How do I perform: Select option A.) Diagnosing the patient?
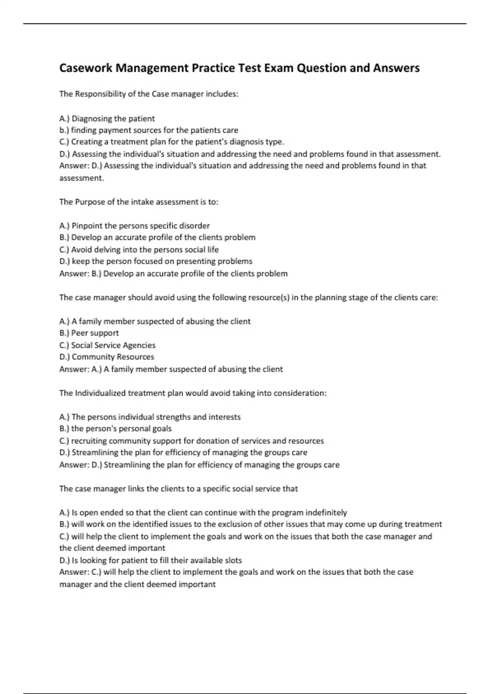107,119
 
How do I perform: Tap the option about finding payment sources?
149,130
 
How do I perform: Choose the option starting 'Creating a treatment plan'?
171,142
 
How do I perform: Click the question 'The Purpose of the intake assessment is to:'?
139,202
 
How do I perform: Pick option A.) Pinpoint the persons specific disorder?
134,226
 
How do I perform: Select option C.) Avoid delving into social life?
139,249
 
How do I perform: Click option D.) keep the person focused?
156,261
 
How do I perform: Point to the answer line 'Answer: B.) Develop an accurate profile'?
173,274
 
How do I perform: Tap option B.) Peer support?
89,333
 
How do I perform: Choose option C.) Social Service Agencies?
107,345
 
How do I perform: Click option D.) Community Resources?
107,357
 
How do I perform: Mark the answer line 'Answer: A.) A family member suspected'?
171,369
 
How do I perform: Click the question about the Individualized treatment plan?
193,393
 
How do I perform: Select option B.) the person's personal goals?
115,429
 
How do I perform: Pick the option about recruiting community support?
191,441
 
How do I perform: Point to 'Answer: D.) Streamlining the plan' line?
199,465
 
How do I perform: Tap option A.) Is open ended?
203,513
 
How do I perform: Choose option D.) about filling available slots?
150,561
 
